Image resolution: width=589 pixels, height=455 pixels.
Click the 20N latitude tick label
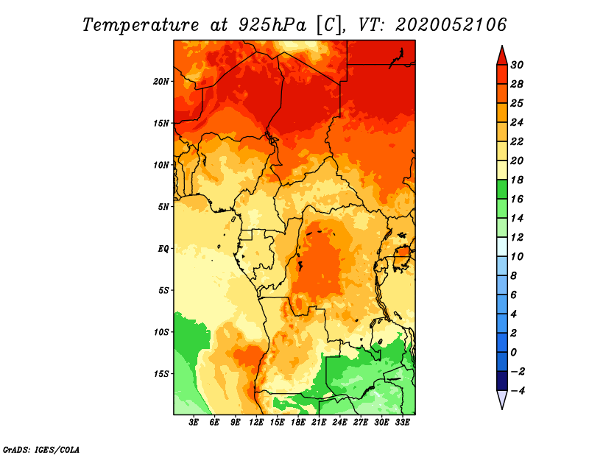161,81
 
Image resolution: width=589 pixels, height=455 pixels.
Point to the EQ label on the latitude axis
163,248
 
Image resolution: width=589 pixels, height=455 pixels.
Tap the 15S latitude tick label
161,374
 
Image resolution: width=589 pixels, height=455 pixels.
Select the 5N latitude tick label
163,207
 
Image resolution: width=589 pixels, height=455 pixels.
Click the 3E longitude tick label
194,423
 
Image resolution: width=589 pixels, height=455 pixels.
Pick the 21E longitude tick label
319,423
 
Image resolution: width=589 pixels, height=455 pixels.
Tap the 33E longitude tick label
402,423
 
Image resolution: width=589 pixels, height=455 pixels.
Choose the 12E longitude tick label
256,423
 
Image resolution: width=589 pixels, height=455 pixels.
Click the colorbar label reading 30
517,65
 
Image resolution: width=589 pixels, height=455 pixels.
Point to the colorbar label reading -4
517,391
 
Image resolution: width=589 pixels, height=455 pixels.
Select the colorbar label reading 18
517,180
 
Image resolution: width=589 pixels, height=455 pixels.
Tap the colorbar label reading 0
514,353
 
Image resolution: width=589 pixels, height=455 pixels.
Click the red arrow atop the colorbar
502,57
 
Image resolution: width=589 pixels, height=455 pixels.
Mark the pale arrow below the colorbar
502,399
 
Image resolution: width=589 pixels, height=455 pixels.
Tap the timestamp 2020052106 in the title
451,25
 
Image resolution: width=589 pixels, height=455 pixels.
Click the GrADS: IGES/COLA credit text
41,449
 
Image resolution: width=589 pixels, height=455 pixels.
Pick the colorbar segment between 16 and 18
502,189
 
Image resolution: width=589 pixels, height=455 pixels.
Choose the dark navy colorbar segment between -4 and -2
502,381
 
